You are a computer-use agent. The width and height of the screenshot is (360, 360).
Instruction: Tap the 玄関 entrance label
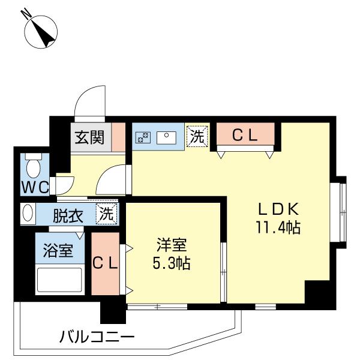(x=89, y=137)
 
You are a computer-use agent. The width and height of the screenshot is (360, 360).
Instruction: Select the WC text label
(x=35, y=187)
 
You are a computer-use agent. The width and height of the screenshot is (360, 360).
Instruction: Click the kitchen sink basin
(x=166, y=137)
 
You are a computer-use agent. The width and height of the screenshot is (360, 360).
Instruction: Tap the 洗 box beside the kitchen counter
(x=197, y=136)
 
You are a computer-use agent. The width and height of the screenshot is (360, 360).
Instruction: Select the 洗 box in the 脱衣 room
(x=107, y=213)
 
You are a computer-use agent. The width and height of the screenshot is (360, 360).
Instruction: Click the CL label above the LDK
(x=245, y=136)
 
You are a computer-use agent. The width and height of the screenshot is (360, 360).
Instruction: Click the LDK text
(x=278, y=209)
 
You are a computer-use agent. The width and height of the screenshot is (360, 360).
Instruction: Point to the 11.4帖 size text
(x=278, y=228)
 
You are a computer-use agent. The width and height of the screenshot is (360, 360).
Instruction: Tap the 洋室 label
(x=172, y=245)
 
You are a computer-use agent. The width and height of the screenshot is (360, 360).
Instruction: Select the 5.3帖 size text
(x=172, y=263)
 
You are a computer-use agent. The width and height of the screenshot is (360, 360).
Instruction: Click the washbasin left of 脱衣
(x=28, y=214)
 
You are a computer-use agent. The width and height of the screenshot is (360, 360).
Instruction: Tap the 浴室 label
(x=59, y=251)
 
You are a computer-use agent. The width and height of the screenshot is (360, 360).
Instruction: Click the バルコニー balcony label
(x=96, y=336)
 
